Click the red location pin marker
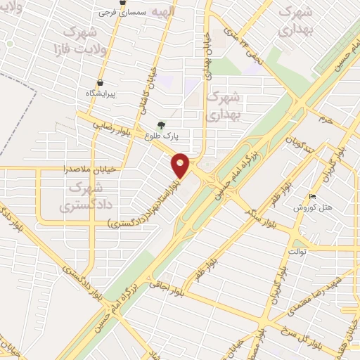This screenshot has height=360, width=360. (181, 165)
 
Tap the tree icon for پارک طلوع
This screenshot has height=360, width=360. (162, 126)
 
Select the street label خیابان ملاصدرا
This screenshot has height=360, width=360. (63, 169)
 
